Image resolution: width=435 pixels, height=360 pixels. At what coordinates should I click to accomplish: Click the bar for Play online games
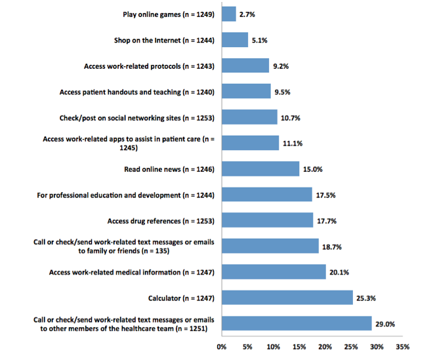pyautogui.click(x=229, y=14)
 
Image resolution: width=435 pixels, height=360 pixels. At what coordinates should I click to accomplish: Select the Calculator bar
pyautogui.click(x=287, y=298)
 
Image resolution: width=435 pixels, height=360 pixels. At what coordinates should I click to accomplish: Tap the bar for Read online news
pyautogui.click(x=260, y=169)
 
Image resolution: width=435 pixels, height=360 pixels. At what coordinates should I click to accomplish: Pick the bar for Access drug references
pyautogui.click(x=268, y=220)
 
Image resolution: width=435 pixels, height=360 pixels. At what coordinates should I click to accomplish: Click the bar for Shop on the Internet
pyautogui.click(x=235, y=40)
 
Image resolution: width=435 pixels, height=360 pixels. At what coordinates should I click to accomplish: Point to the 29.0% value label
pyautogui.click(x=384, y=324)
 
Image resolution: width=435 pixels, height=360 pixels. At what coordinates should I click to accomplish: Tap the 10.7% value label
pyautogui.click(x=290, y=118)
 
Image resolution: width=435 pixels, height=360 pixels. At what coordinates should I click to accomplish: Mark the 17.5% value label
pyautogui.click(x=325, y=195)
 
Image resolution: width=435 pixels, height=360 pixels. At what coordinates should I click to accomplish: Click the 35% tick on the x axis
pyautogui.click(x=403, y=346)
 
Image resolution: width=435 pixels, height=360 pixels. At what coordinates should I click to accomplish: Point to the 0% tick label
pyautogui.click(x=222, y=346)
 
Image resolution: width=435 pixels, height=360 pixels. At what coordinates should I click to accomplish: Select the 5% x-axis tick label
pyautogui.click(x=247, y=346)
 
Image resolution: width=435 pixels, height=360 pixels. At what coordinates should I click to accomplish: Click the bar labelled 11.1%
pyautogui.click(x=251, y=144)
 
